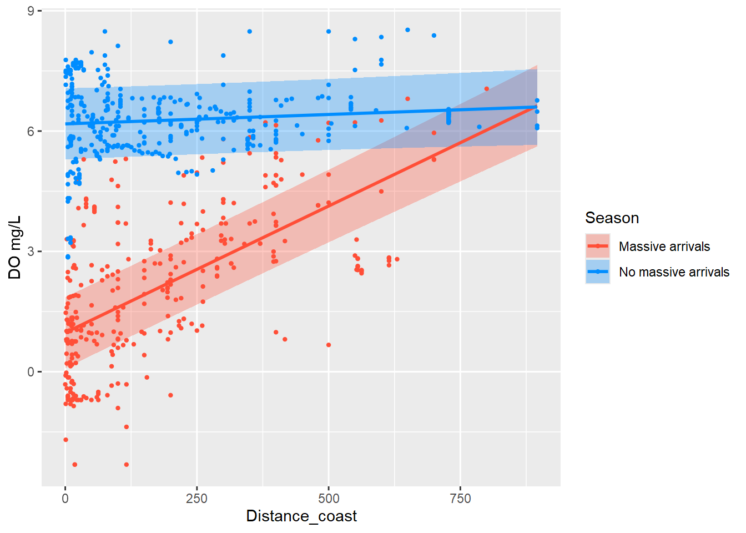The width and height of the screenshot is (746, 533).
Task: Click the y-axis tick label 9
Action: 31,11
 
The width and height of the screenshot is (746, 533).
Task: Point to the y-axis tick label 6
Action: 31,131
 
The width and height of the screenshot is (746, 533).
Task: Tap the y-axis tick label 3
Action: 31,252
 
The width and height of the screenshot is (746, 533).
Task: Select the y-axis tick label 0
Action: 31,372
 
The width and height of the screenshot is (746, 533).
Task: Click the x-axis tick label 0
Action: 65,499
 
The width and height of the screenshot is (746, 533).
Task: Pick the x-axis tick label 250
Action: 196,499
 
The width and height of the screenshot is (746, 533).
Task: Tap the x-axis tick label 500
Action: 329,499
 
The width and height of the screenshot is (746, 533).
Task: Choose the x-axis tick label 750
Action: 460,499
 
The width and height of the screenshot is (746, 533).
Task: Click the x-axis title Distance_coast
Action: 301,516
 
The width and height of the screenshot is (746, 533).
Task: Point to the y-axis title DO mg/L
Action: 14,248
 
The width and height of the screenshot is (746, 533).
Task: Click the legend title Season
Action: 612,218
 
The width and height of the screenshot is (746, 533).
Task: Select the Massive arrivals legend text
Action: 664,247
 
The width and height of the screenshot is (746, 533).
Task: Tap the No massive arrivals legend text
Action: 674,272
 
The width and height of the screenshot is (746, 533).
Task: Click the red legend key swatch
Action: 598,246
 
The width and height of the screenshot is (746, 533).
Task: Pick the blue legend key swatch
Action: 598,271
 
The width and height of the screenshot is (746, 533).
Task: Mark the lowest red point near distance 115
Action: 127,465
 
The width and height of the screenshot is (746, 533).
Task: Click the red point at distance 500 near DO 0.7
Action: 329,345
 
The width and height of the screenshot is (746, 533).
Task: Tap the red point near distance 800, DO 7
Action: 487,89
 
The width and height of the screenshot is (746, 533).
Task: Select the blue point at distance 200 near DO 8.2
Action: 170,42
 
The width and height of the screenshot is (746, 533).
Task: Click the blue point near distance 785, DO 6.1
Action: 479,127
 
